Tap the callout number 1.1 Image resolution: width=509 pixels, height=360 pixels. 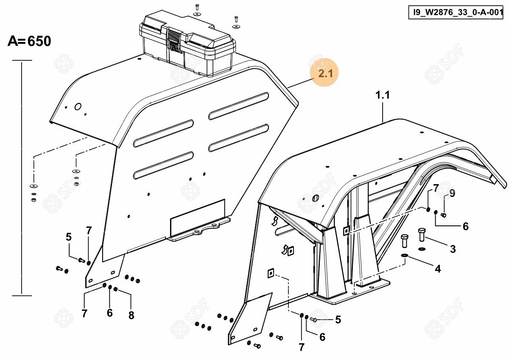382,96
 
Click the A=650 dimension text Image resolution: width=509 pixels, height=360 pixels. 29,41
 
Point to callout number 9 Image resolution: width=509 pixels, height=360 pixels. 452,194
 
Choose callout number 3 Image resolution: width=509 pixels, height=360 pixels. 453,249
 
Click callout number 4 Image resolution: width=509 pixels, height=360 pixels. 437,268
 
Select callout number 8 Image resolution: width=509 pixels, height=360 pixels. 131,315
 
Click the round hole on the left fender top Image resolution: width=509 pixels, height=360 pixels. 78,107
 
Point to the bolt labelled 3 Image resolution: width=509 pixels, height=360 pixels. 422,234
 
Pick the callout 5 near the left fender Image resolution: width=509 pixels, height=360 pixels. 69,237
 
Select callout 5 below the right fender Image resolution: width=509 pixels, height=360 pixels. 338,320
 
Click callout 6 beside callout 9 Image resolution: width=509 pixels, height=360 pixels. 465,226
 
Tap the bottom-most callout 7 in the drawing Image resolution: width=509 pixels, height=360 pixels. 302,347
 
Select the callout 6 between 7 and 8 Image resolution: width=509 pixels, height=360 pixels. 109,313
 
